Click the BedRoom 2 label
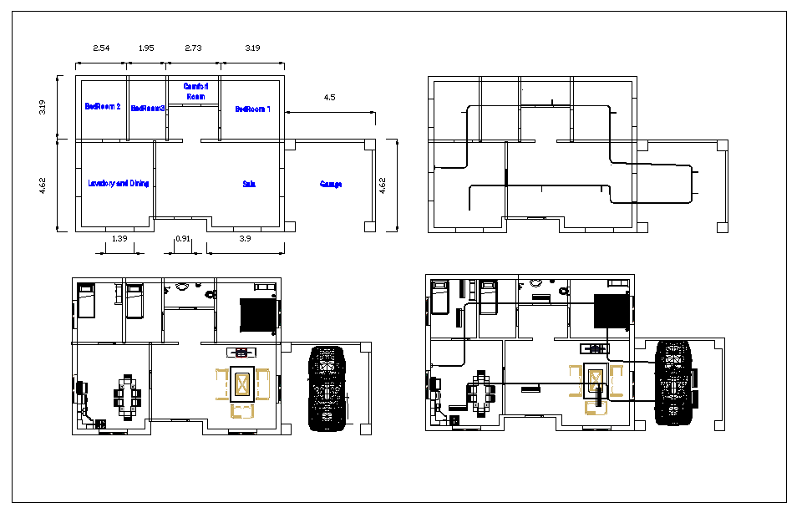103,107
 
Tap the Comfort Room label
195,91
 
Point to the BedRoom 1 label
252,109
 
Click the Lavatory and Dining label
119,183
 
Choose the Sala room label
249,184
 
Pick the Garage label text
331,184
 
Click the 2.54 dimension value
100,48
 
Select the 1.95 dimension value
145,48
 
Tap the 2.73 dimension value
193,48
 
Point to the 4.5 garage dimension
329,98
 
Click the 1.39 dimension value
119,240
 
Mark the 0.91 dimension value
183,240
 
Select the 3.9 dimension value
245,240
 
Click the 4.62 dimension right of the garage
383,185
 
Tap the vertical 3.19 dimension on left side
43,107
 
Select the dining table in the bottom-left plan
129,395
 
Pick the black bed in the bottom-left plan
258,316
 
